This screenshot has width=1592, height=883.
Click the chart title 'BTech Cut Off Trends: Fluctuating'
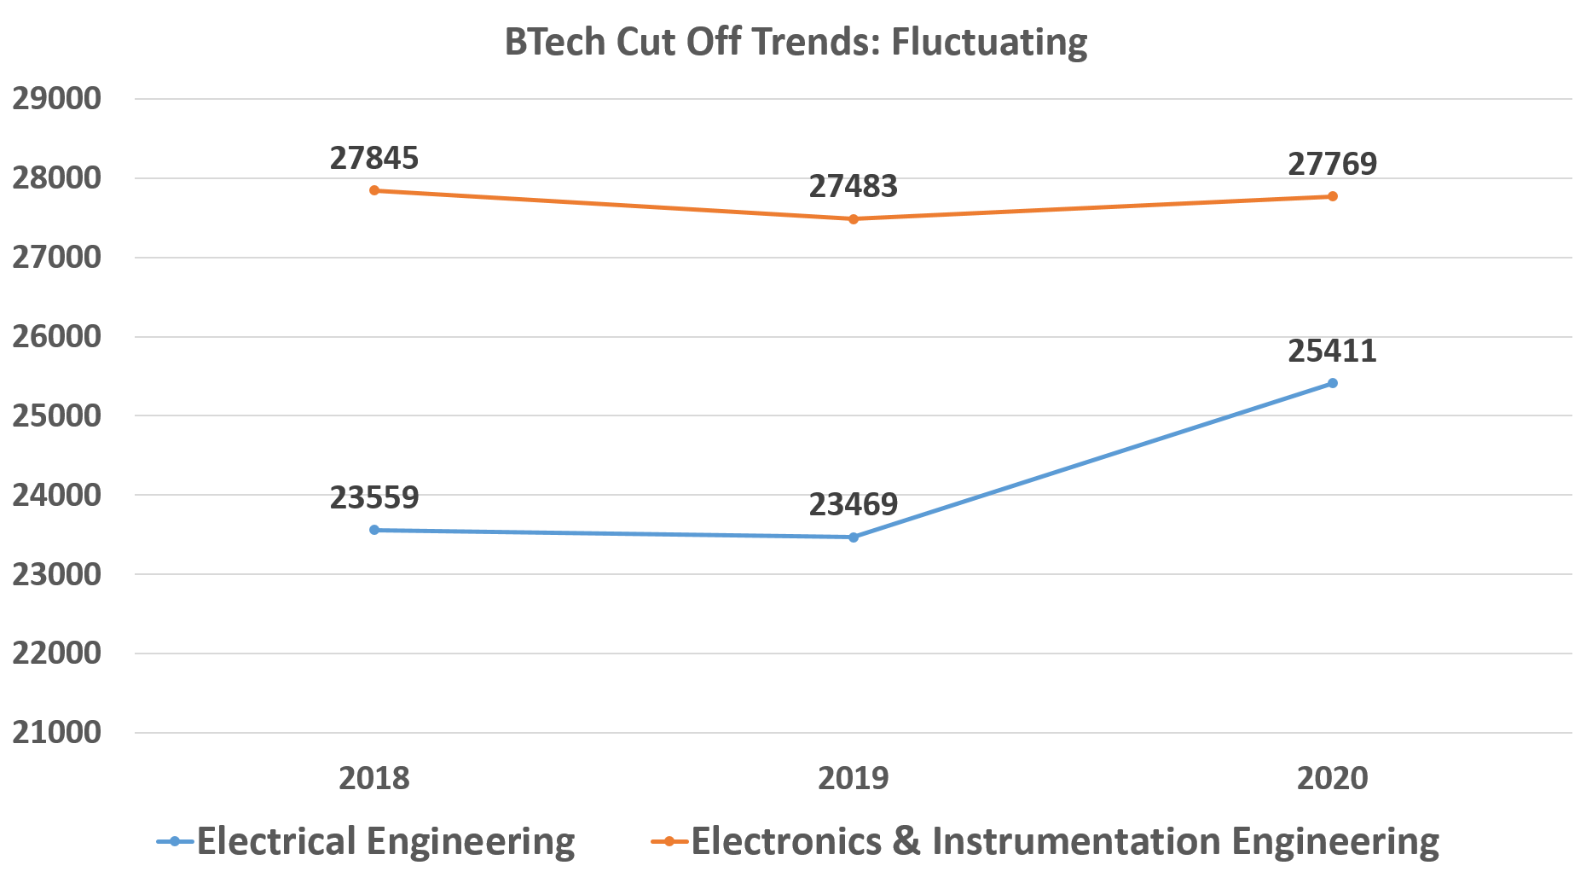pos(796,42)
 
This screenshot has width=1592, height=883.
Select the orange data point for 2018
pos(374,190)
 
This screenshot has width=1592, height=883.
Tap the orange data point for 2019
pos(854,219)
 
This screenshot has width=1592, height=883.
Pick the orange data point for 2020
pos(1333,196)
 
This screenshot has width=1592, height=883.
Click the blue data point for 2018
pos(374,530)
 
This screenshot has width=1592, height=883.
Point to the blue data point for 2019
pos(854,537)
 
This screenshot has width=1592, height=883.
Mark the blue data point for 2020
pos(1333,383)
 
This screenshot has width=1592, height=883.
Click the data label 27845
pos(374,159)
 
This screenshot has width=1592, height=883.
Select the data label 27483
pos(854,187)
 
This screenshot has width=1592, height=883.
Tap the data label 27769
pos(1333,164)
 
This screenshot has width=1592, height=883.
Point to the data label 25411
pos(1333,351)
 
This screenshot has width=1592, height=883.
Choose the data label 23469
pos(854,505)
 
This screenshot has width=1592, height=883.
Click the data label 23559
pos(374,497)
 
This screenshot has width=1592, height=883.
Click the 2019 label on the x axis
pos(854,778)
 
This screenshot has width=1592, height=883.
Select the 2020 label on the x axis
pos(1333,778)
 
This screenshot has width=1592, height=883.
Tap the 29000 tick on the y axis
pos(56,99)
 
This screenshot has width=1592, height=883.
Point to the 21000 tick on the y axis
pos(56,733)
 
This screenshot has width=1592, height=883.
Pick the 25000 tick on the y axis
pos(56,416)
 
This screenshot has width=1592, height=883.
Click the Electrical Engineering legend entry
pos(367,841)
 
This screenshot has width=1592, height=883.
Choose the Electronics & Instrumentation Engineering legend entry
pos(1045,841)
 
